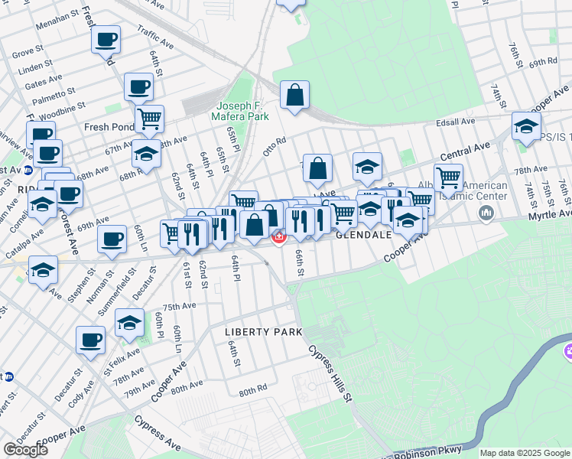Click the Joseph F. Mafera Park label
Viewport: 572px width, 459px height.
[242, 111]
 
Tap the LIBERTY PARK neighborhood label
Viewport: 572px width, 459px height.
[264, 332]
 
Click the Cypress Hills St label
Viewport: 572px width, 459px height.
[331, 374]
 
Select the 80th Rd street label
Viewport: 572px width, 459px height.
[252, 390]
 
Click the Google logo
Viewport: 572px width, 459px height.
[25, 449]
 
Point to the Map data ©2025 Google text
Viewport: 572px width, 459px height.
[525, 453]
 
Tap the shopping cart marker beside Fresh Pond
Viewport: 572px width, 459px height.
[149, 118]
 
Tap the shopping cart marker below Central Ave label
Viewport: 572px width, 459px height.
[448, 177]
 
